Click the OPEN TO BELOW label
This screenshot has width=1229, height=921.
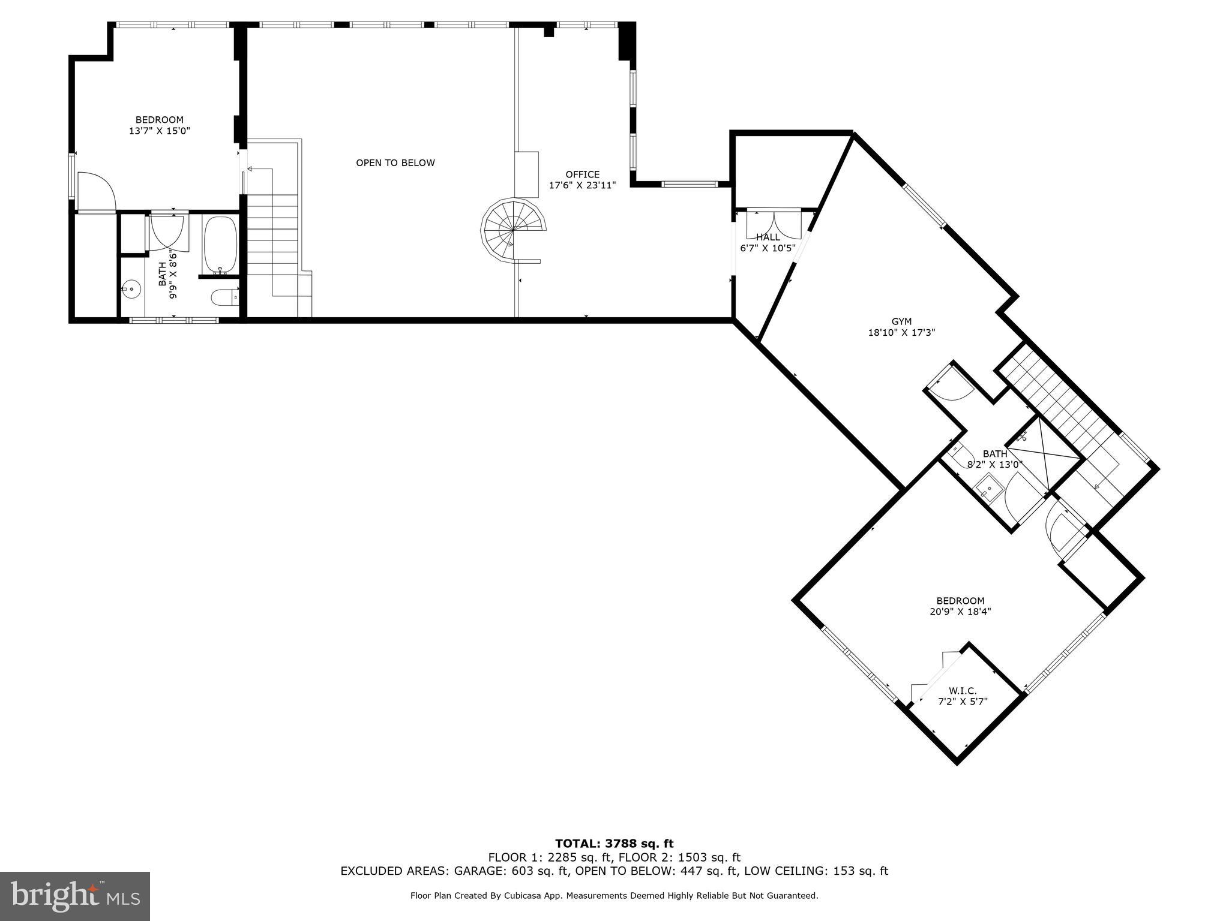click(395, 163)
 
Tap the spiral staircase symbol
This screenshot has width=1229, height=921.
click(512, 231)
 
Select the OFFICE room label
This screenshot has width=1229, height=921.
click(582, 174)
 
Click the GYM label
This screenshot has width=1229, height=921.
click(901, 322)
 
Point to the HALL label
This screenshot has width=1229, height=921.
click(768, 237)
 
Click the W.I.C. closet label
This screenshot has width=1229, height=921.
click(963, 691)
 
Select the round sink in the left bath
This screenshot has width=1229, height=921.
click(131, 290)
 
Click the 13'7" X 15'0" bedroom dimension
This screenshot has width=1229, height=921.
click(159, 131)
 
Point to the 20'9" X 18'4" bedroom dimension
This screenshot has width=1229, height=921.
click(960, 612)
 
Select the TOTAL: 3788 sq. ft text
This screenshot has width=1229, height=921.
click(614, 844)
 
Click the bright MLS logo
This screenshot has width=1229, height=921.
click(75, 896)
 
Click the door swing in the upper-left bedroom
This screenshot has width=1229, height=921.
click(95, 191)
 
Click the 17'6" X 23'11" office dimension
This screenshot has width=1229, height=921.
click(582, 185)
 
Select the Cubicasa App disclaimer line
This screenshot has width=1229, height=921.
click(614, 896)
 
